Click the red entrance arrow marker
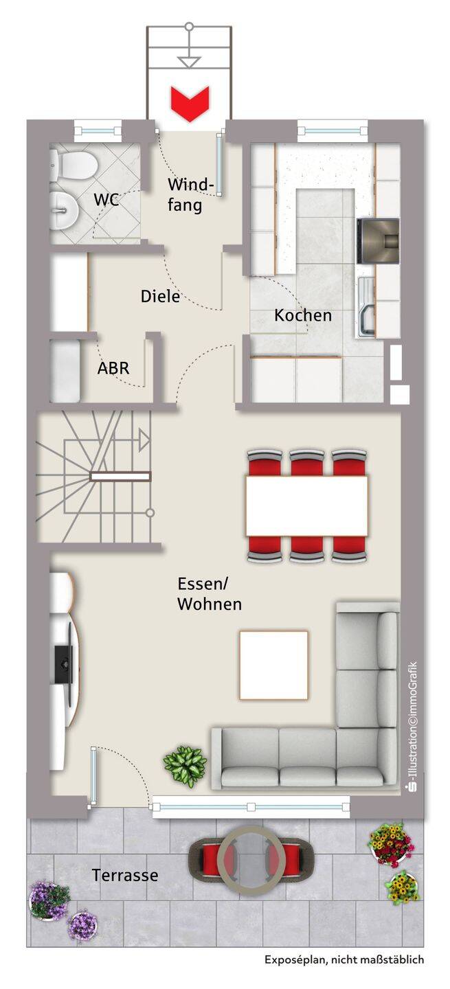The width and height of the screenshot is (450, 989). click(190, 104)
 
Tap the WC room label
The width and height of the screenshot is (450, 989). click(106, 200)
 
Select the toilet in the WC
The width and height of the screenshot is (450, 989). click(73, 166)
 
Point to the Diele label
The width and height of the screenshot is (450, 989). click(160, 296)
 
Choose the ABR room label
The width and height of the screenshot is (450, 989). click(113, 368)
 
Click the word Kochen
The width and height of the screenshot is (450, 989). click(303, 315)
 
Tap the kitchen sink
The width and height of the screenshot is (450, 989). click(366, 307)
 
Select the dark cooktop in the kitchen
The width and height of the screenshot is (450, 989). click(378, 241)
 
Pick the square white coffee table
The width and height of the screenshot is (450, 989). click(274, 665)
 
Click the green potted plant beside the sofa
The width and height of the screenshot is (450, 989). click(185, 766)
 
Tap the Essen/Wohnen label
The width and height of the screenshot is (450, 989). click(210, 594)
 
